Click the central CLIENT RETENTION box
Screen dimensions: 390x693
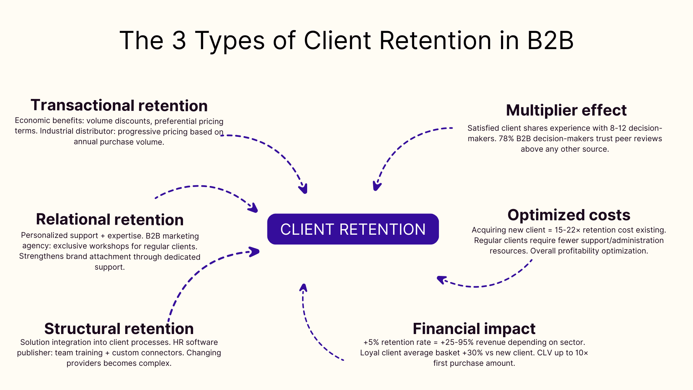pos(353,229)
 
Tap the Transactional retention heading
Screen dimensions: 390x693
pos(119,105)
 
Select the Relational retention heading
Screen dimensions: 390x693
pos(110,220)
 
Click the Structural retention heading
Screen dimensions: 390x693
pos(119,329)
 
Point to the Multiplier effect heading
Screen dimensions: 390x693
pos(566,110)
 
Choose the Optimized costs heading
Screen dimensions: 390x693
pos(568,215)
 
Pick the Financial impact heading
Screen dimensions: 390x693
pos(474,329)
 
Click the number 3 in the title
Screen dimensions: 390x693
pos(179,40)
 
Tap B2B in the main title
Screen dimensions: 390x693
pos(550,40)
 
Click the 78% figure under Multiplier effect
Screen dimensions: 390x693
pos(506,139)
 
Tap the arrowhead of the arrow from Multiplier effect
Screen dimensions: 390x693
pos(376,186)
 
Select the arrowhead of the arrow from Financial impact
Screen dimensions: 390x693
pos(304,288)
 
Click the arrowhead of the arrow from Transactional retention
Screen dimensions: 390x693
pos(304,189)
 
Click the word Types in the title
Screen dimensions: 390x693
pos(230,40)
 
